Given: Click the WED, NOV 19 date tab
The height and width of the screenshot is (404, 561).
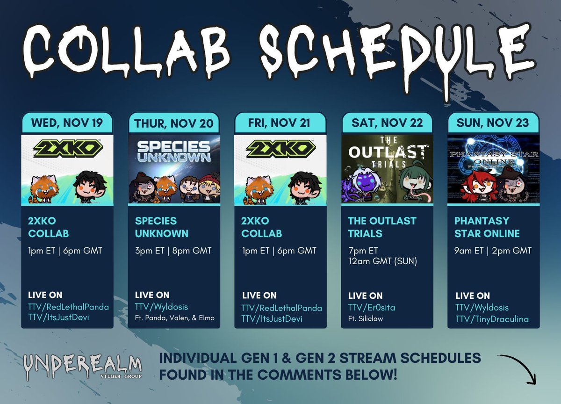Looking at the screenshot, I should (67, 123).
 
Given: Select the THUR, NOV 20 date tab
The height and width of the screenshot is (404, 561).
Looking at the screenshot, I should (174, 123).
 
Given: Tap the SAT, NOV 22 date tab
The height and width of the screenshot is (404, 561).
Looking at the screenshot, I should (387, 123).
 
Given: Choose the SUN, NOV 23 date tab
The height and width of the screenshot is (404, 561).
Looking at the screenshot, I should (493, 123).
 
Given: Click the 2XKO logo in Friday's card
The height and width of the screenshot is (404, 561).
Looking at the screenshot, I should (280, 149).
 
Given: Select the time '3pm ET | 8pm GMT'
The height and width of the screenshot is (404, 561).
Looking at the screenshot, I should (173, 251).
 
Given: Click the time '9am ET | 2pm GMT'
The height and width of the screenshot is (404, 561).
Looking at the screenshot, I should (493, 251).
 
